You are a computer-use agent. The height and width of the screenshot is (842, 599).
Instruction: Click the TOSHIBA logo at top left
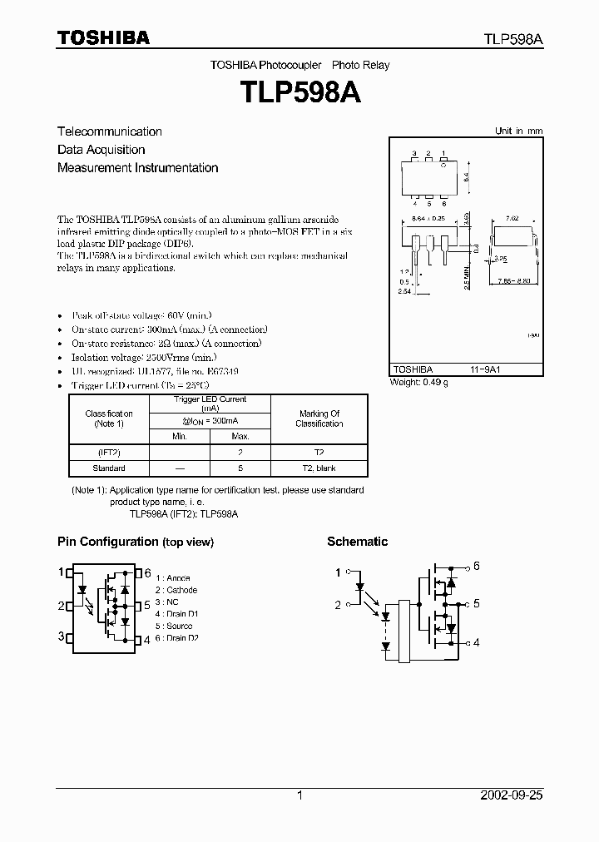click(x=103, y=37)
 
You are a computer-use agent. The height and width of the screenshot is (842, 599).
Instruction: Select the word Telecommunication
click(x=110, y=131)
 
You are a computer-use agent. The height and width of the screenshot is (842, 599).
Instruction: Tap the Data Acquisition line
click(x=101, y=150)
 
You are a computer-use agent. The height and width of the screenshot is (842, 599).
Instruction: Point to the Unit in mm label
click(x=517, y=131)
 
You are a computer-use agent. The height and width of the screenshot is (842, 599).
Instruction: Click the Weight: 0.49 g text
click(x=418, y=382)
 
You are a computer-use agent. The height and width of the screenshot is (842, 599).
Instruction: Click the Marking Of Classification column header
click(x=319, y=419)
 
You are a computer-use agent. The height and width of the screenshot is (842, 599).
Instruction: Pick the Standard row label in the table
click(x=108, y=468)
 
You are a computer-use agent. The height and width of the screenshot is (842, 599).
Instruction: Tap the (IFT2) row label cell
click(x=108, y=452)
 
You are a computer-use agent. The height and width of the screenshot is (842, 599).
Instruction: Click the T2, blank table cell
click(x=319, y=468)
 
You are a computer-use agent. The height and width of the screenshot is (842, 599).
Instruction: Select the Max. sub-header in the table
click(x=240, y=436)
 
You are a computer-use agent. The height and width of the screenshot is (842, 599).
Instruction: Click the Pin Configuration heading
click(x=135, y=542)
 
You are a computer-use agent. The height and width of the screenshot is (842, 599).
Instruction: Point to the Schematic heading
click(x=357, y=542)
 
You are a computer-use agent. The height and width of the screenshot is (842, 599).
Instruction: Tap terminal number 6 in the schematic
click(x=477, y=567)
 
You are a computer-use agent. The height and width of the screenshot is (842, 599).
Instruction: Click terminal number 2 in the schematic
click(x=338, y=605)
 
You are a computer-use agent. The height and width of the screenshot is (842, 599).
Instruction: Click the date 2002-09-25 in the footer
click(x=512, y=795)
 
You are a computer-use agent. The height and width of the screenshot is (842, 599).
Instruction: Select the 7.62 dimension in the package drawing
click(x=512, y=219)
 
